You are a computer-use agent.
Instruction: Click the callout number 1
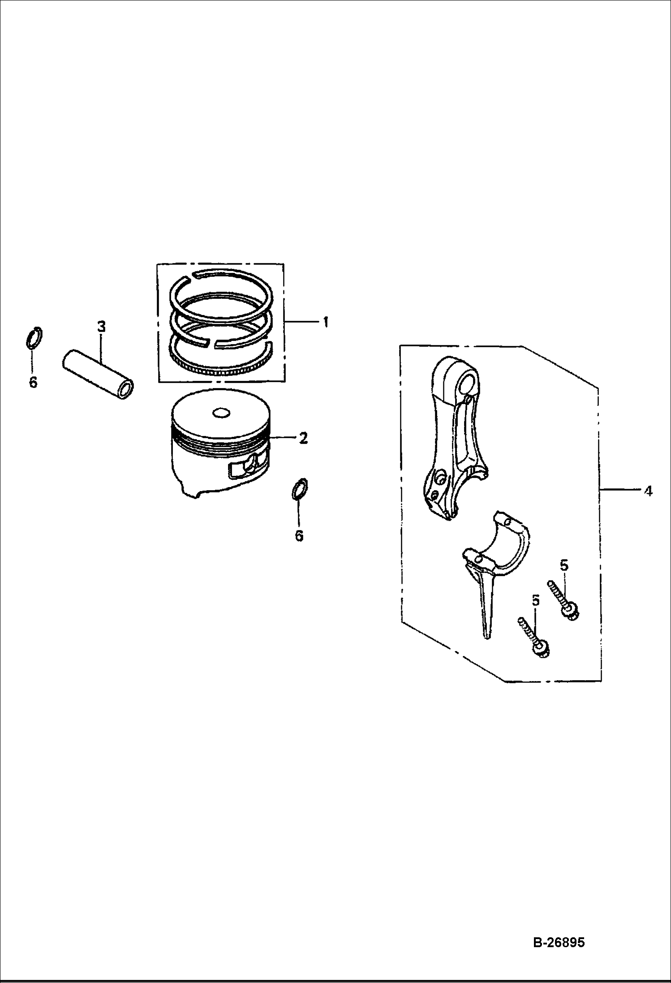click(x=326, y=322)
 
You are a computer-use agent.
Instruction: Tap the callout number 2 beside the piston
click(x=303, y=437)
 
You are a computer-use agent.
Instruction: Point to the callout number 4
click(x=648, y=491)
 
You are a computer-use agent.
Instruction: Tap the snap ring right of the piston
click(x=300, y=488)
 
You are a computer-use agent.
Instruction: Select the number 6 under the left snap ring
click(x=33, y=384)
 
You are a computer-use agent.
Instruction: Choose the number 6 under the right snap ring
click(x=299, y=536)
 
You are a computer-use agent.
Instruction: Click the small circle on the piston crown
click(x=221, y=413)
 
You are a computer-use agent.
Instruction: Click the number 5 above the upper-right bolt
click(x=563, y=565)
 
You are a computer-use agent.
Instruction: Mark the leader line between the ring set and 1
click(x=302, y=322)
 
